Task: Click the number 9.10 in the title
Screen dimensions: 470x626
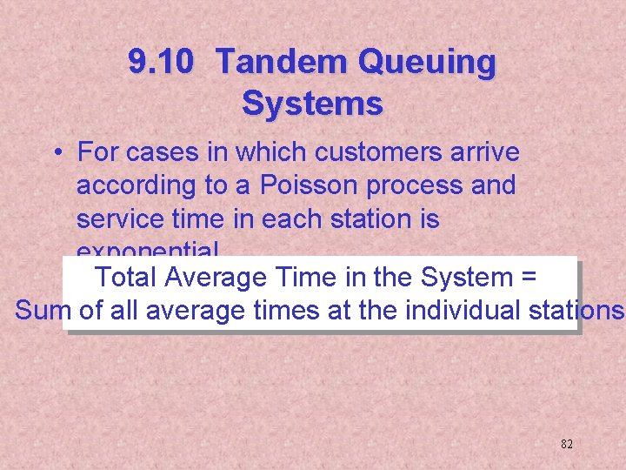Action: pos(162,63)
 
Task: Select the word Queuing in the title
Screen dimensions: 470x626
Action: pos(427,63)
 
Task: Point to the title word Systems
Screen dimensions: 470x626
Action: pos(312,104)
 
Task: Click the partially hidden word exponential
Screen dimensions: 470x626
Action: pos(148,251)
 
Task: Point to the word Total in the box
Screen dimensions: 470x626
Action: pos(125,278)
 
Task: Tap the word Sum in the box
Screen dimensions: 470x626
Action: pos(41,310)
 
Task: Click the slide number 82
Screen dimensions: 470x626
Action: pos(566,444)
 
